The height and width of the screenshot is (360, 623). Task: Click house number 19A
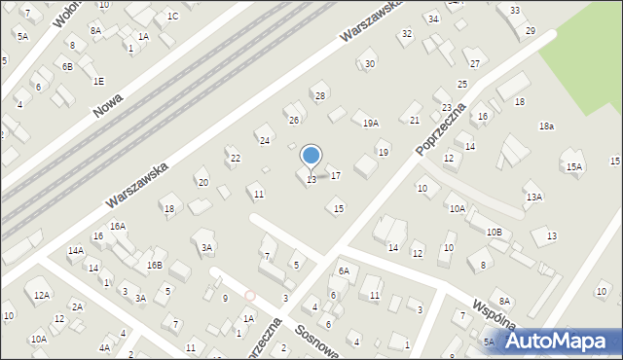point(370,123)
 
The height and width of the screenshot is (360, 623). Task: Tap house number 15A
point(575,167)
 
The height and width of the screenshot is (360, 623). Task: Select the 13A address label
point(533,197)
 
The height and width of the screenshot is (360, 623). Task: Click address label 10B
point(495,232)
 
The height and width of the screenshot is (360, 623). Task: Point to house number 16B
point(154,265)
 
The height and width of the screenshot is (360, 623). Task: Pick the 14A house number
point(76,251)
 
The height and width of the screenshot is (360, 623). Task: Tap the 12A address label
point(41,295)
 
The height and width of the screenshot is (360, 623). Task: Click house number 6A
point(344,270)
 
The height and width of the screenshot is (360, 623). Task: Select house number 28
point(319,95)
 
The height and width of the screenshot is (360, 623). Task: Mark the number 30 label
point(370,64)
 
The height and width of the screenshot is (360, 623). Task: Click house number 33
point(514,10)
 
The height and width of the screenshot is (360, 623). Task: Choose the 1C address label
point(172,16)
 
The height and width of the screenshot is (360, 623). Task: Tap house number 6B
point(67,66)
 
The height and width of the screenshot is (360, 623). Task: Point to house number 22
point(235,159)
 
